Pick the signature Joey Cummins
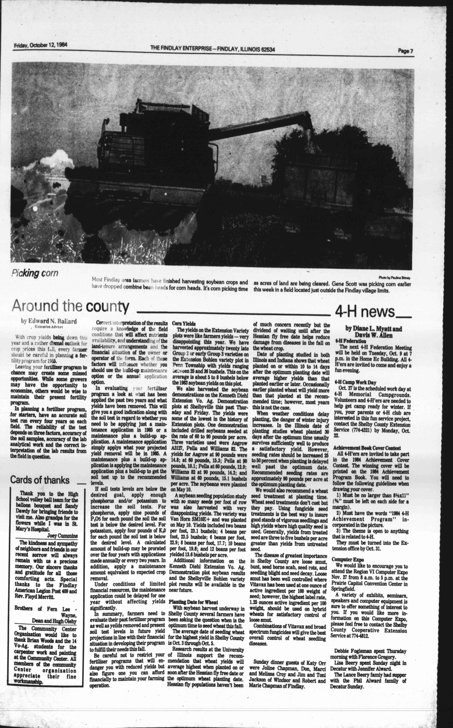(x=62, y=536)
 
